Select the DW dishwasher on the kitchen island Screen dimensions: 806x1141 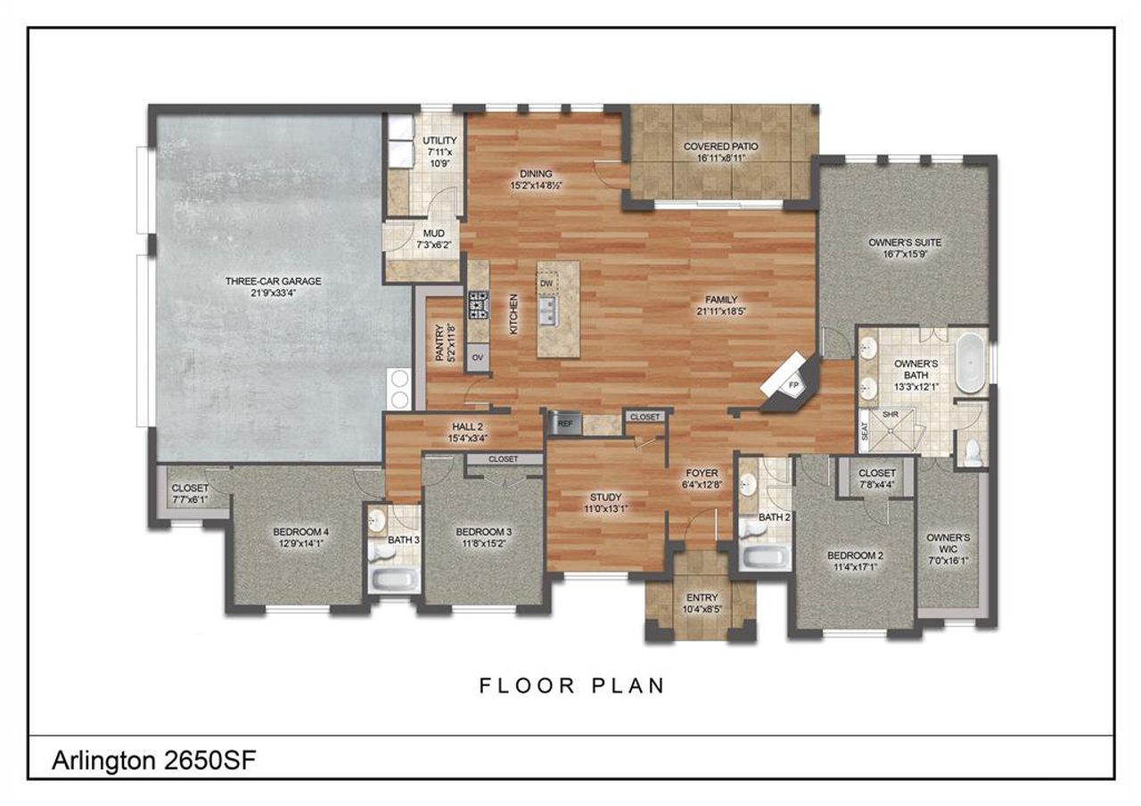[547, 284]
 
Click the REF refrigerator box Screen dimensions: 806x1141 [564, 424]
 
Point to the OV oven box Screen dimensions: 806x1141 [478, 358]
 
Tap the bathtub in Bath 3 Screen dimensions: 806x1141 [392, 580]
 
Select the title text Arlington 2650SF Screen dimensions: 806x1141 [155, 761]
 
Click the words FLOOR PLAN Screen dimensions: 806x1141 [571, 686]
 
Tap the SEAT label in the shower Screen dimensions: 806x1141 [865, 433]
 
